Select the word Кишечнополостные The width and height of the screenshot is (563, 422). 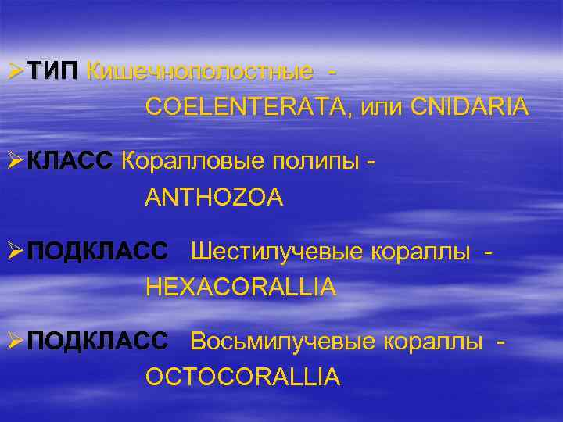click(200, 73)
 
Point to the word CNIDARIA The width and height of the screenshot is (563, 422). click(466, 107)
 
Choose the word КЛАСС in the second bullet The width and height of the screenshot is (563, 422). click(71, 163)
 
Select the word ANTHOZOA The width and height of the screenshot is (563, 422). click(214, 197)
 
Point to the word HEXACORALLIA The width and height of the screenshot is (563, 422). click(241, 287)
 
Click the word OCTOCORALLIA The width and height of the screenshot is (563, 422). click(242, 377)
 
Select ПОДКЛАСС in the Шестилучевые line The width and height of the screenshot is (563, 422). click(97, 252)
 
